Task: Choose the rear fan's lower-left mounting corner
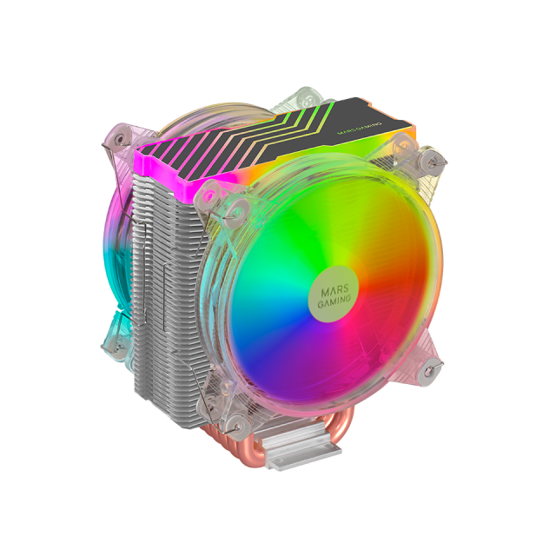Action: click(x=113, y=343)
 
